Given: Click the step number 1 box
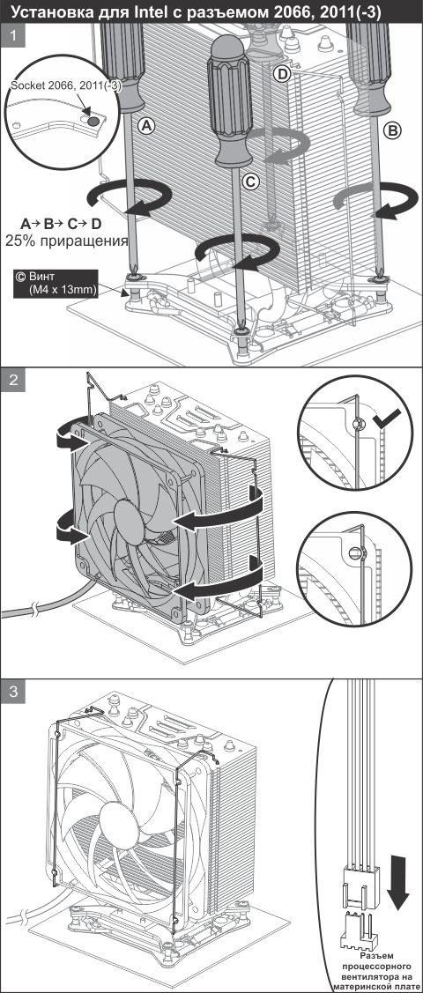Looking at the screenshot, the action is [x=13, y=37].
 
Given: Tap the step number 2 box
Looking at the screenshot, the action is [x=13, y=382].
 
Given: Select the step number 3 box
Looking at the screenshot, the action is [x=13, y=692].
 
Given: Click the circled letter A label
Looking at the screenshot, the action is [x=147, y=127].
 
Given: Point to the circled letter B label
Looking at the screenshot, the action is [x=393, y=131].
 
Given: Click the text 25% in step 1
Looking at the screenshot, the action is [x=19, y=241].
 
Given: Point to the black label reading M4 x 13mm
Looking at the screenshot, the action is [x=55, y=284].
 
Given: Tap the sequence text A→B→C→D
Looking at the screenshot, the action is [x=61, y=224].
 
